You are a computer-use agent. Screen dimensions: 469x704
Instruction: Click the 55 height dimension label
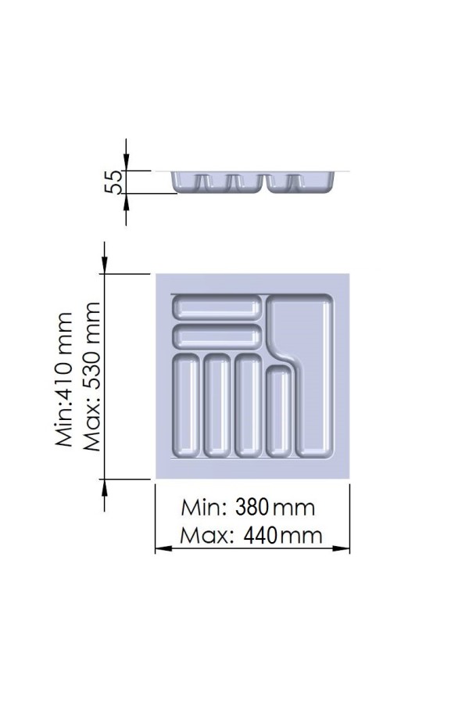pyautogui.click(x=113, y=181)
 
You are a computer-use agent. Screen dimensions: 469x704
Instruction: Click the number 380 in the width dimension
pyautogui.click(x=252, y=508)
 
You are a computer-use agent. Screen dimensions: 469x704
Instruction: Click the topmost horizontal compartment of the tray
pyautogui.click(x=217, y=307)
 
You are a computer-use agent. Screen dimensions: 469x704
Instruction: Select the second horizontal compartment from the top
pyautogui.click(x=217, y=336)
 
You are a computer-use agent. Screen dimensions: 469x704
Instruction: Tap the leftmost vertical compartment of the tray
pyautogui.click(x=186, y=405)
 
